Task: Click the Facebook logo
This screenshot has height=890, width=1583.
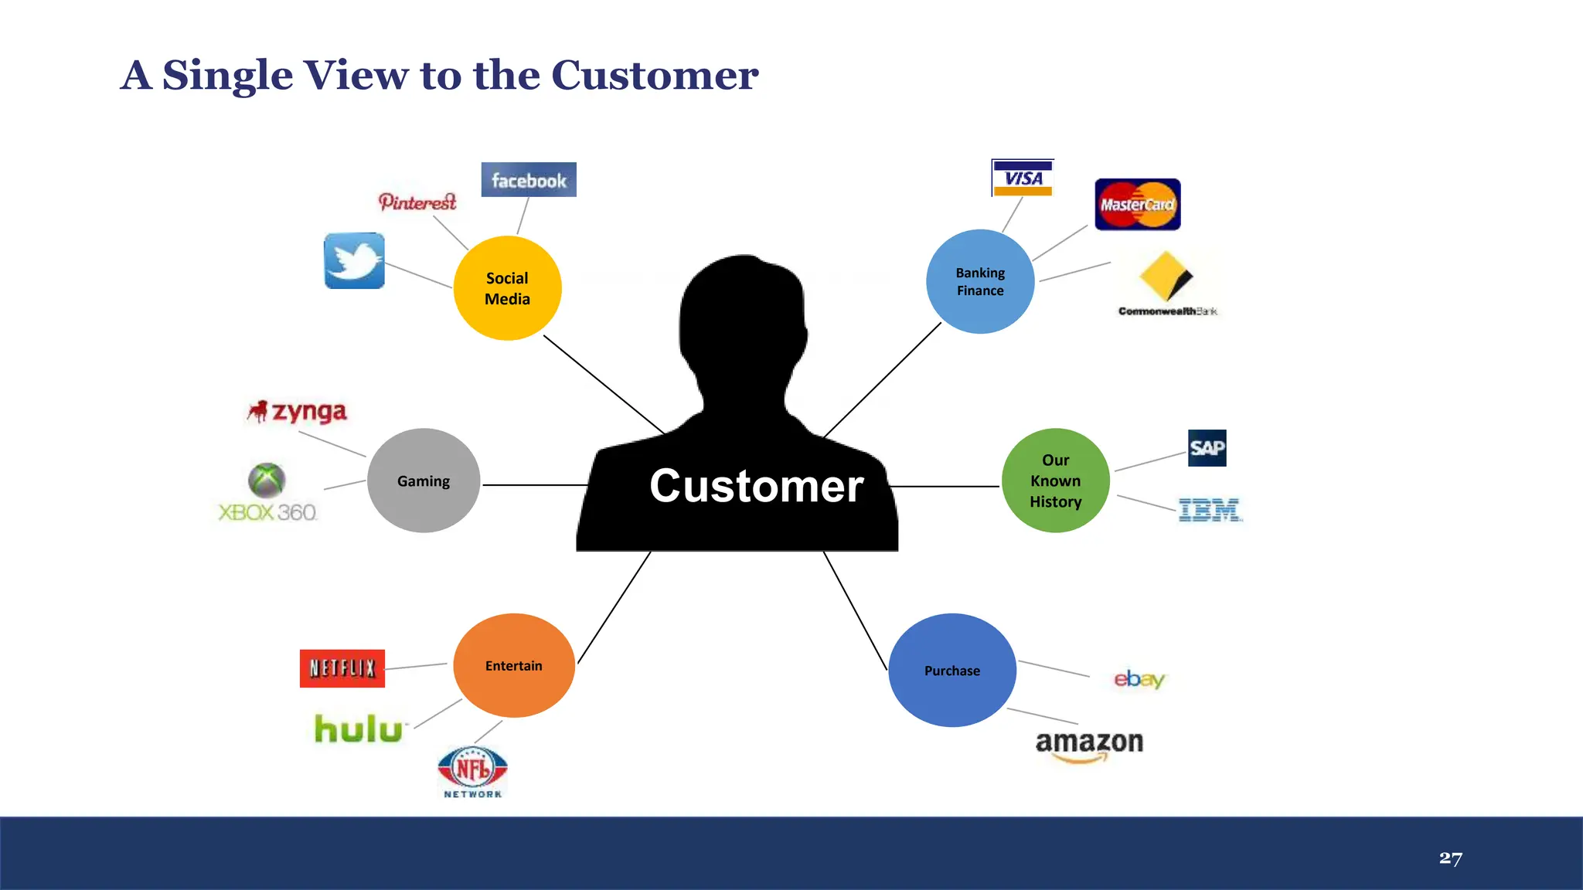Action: (x=529, y=180)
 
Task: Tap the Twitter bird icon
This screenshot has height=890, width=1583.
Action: (x=355, y=261)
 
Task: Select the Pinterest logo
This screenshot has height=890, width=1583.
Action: (x=417, y=202)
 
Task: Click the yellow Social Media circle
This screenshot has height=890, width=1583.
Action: (x=507, y=288)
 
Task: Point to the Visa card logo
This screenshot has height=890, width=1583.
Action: (x=1023, y=178)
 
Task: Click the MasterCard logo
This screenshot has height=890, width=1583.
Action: (x=1137, y=205)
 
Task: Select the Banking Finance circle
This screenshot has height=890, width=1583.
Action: (x=980, y=282)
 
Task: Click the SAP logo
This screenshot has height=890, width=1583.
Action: (x=1207, y=448)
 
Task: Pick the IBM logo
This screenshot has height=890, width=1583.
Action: (x=1210, y=510)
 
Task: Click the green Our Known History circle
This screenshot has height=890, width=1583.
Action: (x=1055, y=481)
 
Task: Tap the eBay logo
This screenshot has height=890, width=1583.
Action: (x=1139, y=679)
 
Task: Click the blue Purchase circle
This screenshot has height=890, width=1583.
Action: (x=952, y=671)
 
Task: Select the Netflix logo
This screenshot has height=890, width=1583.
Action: (x=342, y=668)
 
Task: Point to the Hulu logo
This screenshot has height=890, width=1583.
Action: (x=359, y=729)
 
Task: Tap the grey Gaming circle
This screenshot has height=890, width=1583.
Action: (x=424, y=481)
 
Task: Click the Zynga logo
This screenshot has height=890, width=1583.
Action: (x=298, y=411)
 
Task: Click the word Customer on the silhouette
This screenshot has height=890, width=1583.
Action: (x=756, y=486)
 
